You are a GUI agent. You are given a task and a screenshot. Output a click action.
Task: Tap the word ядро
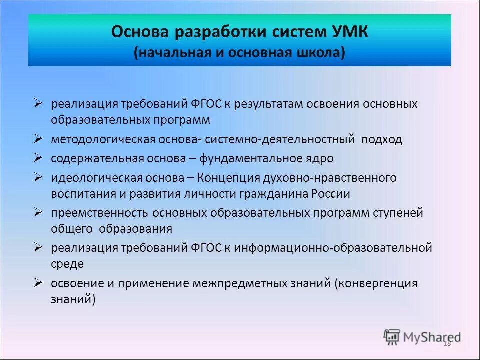pos(319,159)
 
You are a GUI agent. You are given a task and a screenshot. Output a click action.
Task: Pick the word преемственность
pos(99,213)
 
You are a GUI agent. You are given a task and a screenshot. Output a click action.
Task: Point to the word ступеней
pos(397,213)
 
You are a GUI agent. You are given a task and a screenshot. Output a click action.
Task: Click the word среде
pos(67,263)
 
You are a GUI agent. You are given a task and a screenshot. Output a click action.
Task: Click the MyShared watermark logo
pos(422,337)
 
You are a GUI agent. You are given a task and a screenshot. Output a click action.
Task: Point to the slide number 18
pos(447,343)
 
